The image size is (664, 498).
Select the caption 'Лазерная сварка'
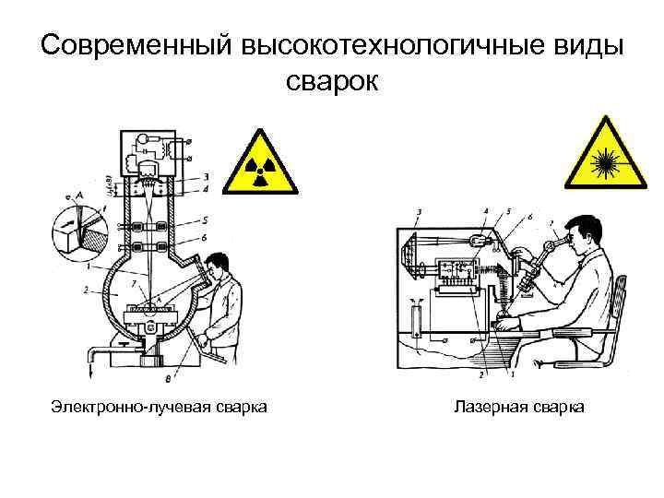(519, 407)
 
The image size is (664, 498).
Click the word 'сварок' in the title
(332, 80)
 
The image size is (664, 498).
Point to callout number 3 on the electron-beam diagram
(205, 175)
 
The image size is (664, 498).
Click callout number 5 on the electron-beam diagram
(205, 220)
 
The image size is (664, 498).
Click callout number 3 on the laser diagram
(420, 213)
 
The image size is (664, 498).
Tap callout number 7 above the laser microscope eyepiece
(551, 221)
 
